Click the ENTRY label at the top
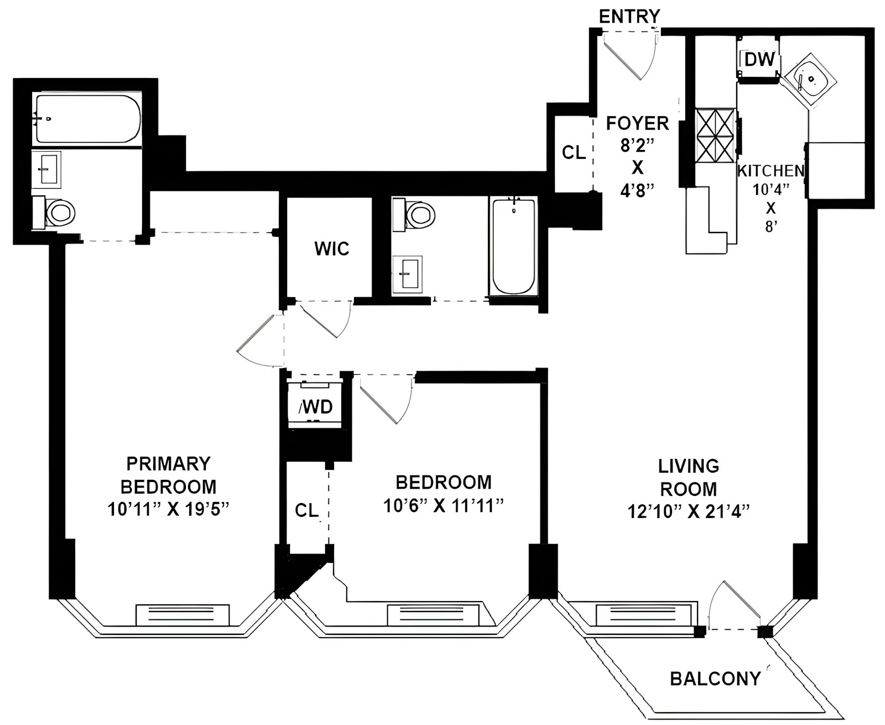click(629, 17)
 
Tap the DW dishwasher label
click(759, 60)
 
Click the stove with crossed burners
click(716, 135)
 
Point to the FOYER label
click(637, 123)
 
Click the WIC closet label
click(331, 248)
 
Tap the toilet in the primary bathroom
click(54, 213)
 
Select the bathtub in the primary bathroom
click(87, 119)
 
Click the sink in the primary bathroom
click(46, 169)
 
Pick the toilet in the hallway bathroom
click(414, 215)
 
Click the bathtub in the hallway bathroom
click(513, 246)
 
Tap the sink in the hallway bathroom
click(407, 274)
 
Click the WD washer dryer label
click(316, 406)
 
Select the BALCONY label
click(715, 679)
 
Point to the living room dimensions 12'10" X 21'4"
click(688, 512)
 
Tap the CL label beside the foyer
click(574, 152)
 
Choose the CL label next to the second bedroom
click(306, 510)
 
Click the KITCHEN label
click(771, 171)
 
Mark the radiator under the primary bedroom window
click(183, 615)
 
